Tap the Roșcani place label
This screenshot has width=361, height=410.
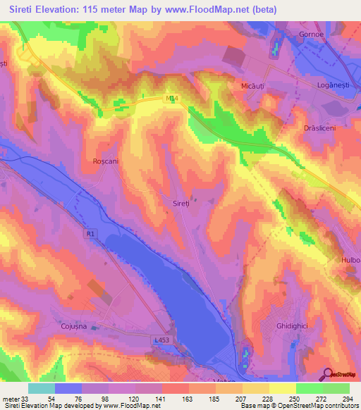(104, 161)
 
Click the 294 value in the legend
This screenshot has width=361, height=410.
(345, 399)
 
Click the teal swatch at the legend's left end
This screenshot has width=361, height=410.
(41, 388)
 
